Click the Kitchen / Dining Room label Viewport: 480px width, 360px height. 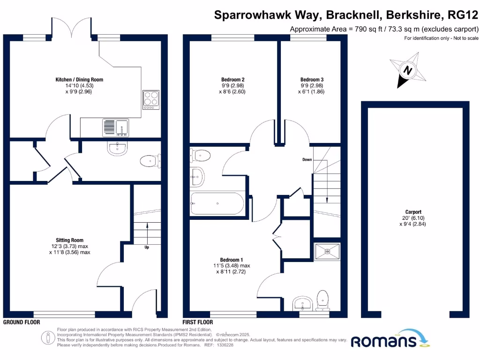click(x=79, y=80)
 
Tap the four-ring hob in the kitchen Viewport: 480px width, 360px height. click(x=150, y=100)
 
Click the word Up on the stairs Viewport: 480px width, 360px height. click(x=147, y=247)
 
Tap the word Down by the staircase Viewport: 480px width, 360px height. click(x=307, y=160)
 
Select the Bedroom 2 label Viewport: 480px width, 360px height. click(x=232, y=80)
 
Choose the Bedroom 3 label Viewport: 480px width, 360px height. click(x=312, y=80)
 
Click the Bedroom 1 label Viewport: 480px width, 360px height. click(x=232, y=260)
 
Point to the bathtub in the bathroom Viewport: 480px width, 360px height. click(x=217, y=203)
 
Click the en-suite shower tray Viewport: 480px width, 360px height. click(x=327, y=252)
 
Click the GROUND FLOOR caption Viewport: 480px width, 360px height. click(x=22, y=322)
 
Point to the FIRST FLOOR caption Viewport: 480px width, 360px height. click(x=198, y=322)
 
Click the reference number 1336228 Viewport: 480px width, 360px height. click(x=224, y=345)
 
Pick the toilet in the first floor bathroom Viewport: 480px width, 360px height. click(x=201, y=154)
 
